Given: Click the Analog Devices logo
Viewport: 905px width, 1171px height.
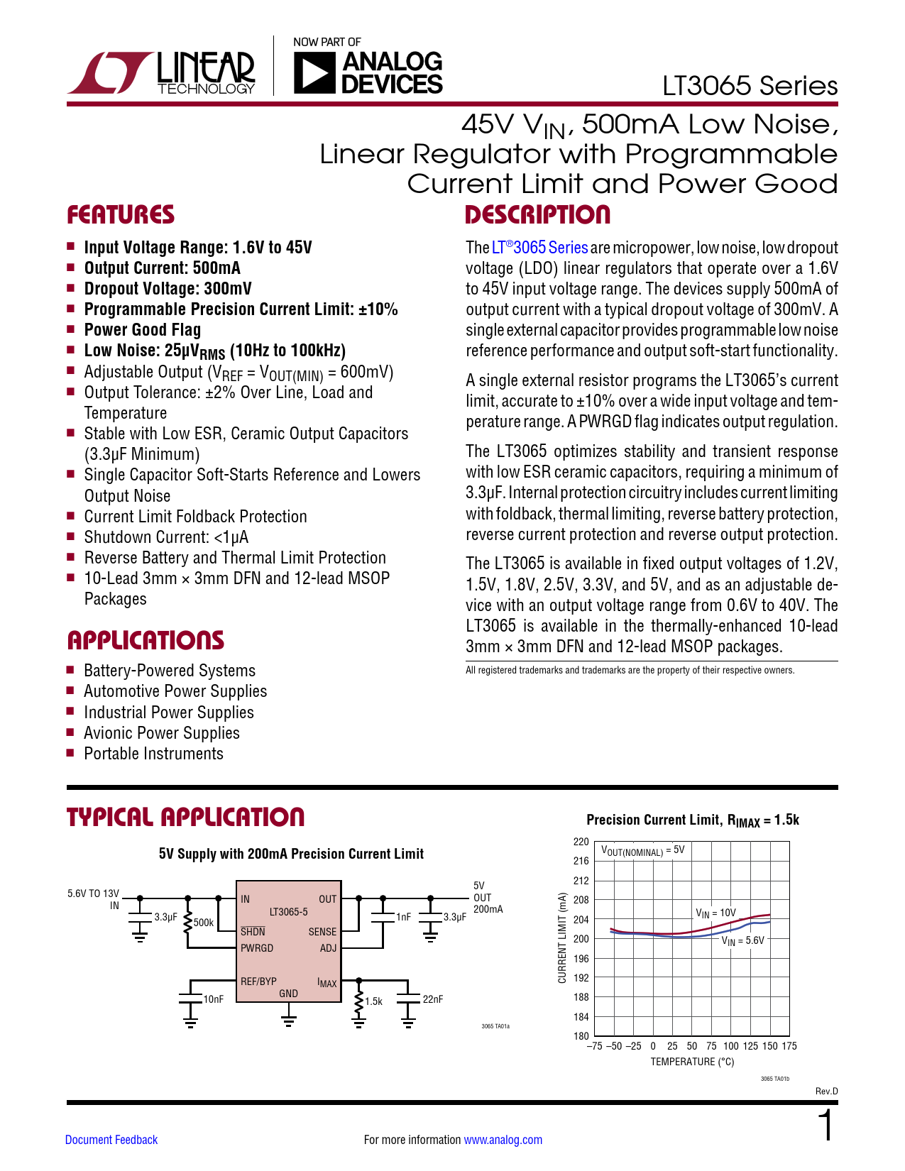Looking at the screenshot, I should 368,72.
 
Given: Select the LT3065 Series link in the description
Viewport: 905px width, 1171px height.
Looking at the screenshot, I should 539,248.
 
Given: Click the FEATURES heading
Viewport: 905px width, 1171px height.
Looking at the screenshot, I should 121,215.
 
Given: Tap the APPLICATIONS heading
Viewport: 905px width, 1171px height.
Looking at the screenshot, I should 146,640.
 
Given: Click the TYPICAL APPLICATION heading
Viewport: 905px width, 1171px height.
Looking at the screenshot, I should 185,817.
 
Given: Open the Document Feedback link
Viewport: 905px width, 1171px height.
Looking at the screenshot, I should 111,1140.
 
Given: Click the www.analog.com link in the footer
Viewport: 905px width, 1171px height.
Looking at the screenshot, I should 503,1140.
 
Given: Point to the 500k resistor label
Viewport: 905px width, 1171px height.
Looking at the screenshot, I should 204,923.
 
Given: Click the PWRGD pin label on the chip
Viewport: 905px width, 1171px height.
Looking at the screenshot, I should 257,948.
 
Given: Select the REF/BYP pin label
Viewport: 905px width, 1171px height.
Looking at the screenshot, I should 258,982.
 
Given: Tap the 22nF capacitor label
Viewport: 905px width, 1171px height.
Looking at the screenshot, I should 433,999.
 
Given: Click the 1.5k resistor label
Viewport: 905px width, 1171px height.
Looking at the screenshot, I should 373,1001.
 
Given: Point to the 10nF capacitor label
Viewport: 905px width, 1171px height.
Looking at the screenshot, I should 214,999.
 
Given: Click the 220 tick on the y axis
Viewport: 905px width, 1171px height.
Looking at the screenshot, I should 581,842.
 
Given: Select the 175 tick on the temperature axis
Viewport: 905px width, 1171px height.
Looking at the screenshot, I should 789,1046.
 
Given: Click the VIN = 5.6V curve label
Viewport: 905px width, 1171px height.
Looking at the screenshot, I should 743,941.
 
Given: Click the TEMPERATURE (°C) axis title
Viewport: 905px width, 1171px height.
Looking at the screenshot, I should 692,1062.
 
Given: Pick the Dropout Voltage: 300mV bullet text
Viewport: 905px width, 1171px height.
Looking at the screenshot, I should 168,289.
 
